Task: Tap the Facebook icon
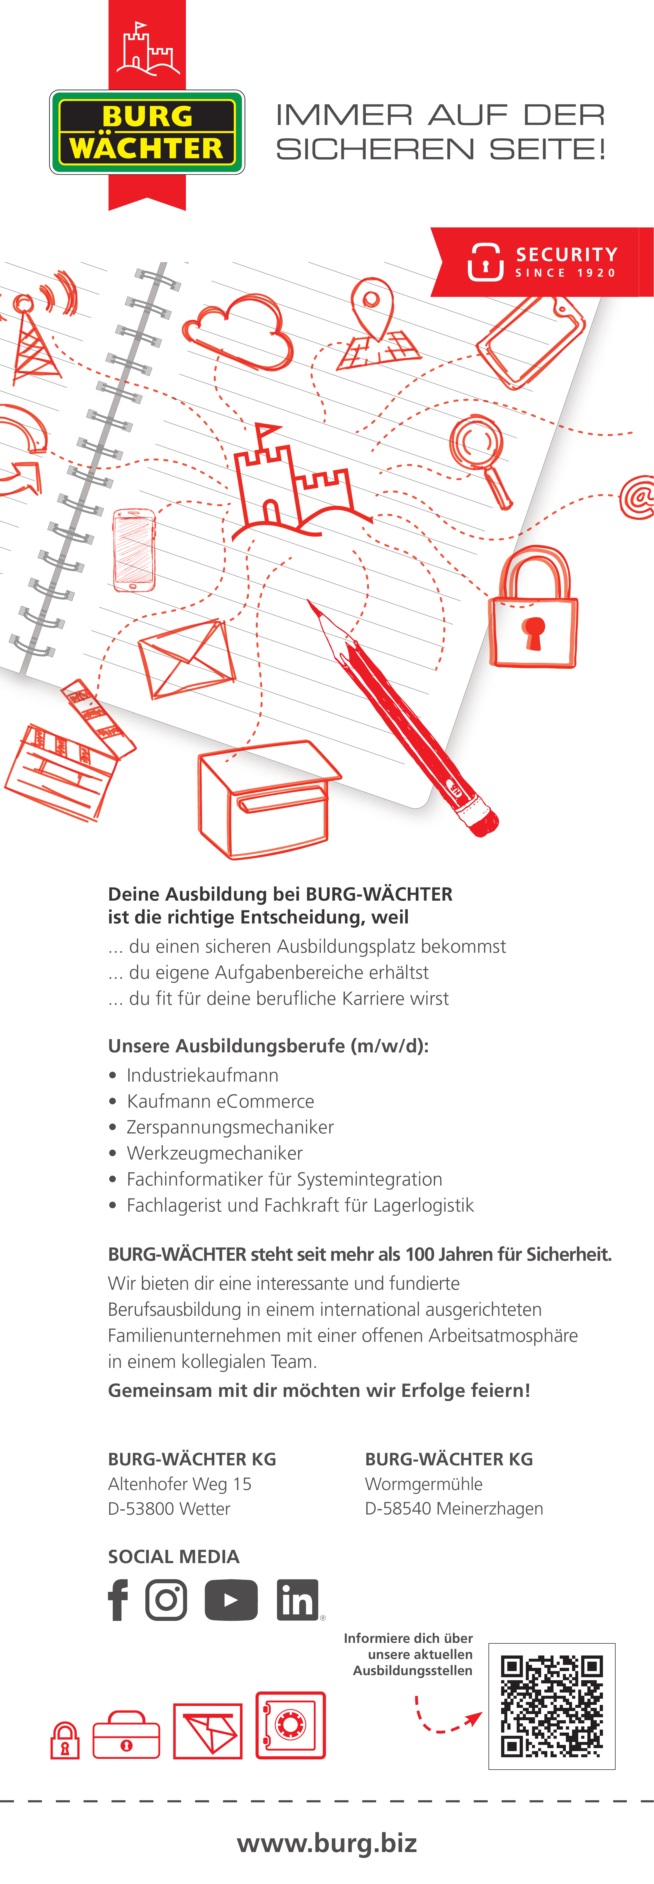click(118, 1600)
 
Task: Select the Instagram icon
click(166, 1600)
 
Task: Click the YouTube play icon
click(231, 1600)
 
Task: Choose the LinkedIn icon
click(297, 1600)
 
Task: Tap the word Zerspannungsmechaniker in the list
click(230, 1127)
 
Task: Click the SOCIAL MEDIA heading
click(173, 1556)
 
